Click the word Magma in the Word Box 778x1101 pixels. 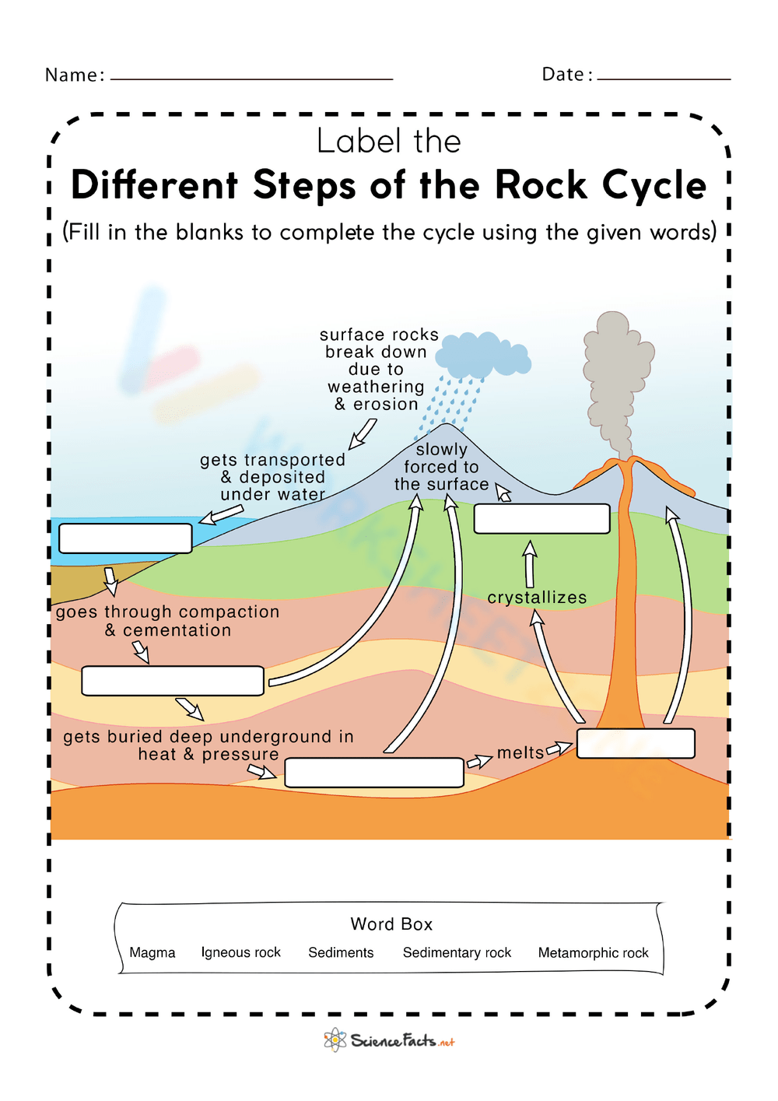point(152,952)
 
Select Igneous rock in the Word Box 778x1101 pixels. point(240,952)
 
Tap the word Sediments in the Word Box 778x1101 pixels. point(341,952)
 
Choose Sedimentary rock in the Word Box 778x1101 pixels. point(457,952)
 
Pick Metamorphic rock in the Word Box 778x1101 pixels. point(593,952)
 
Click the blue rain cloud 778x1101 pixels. point(482,356)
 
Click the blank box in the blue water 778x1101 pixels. point(125,538)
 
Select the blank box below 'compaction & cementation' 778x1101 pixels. point(173,680)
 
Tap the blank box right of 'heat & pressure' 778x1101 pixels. point(374,773)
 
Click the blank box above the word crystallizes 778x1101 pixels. point(541,519)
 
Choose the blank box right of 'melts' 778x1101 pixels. point(636,743)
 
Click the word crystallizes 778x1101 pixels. point(537,598)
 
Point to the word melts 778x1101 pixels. point(520,752)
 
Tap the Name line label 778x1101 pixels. point(74,75)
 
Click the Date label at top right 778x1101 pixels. point(566,74)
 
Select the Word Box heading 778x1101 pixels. point(391,924)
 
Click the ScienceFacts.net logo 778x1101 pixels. point(389,1040)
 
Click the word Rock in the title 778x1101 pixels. point(541,185)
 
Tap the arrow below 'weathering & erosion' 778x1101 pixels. point(363,433)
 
